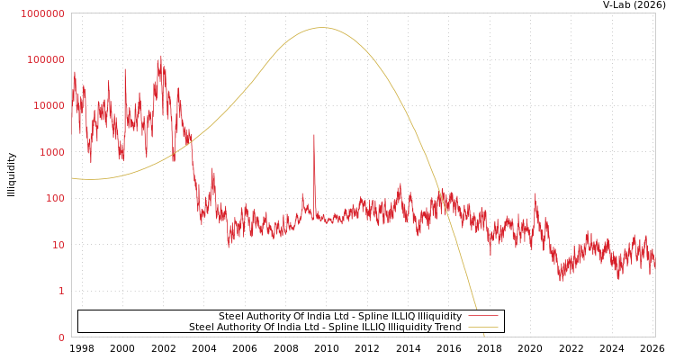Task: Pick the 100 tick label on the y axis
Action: [55, 198]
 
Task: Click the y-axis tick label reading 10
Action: [58, 245]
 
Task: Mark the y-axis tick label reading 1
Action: [61, 291]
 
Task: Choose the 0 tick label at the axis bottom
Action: [61, 337]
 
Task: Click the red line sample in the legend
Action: [482, 317]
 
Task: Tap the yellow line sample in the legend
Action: [482, 328]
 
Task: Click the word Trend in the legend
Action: [446, 328]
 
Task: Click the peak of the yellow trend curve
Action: [323, 28]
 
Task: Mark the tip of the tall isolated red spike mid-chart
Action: [314, 135]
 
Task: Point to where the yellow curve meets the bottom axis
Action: [483, 336]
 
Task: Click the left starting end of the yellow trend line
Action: [73, 178]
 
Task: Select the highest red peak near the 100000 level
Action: [161, 57]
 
